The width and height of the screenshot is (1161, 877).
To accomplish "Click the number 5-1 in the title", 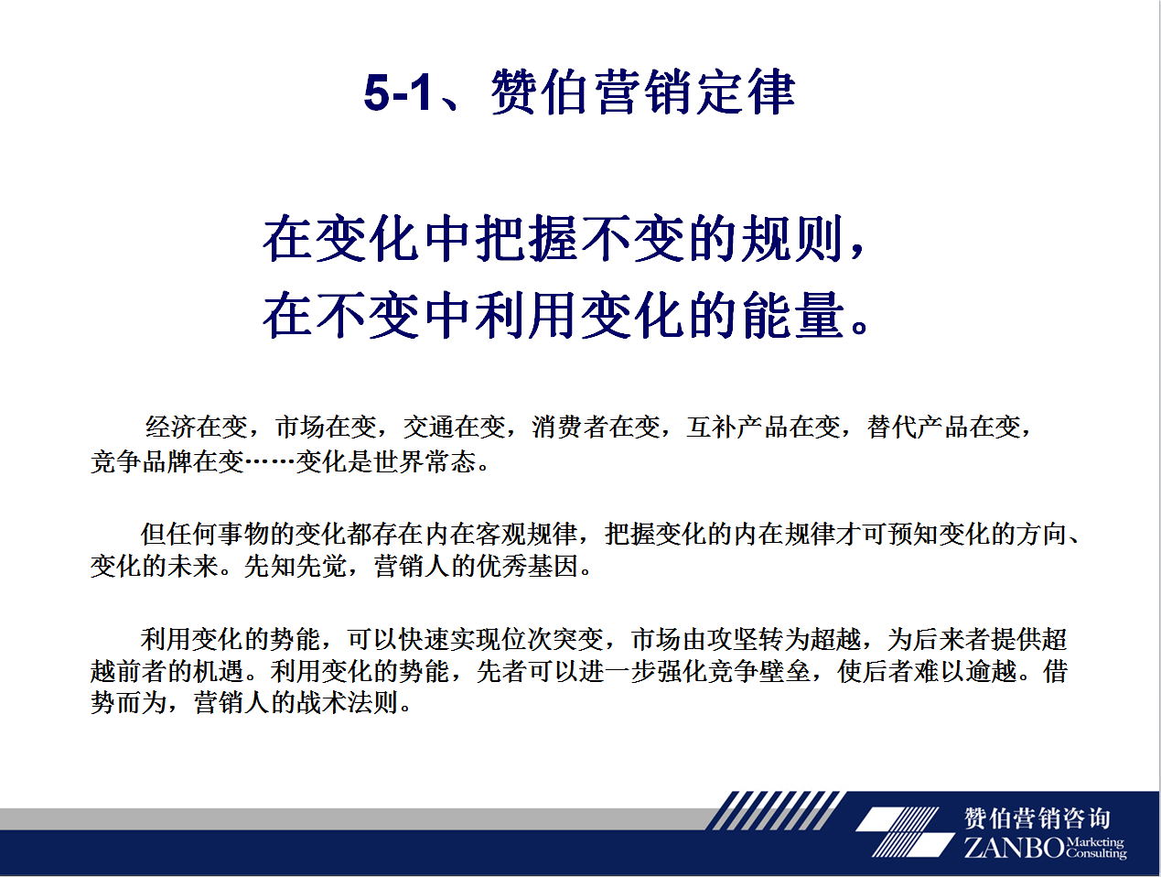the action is coord(398,92).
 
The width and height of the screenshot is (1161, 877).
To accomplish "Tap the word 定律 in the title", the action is coord(746,92).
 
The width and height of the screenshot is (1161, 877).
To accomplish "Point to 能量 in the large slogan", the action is coord(793,315).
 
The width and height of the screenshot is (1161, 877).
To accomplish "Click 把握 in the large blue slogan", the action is coord(526,239).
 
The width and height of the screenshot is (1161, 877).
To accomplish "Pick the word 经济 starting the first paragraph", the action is coord(171,427).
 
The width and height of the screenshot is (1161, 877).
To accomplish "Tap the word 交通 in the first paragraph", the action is coord(429,427).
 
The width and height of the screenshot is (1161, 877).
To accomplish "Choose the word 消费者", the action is coord(570,427).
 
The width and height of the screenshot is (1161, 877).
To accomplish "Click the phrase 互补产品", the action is coord(737,427).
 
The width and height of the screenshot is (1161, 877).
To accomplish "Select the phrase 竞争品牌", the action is coord(141,461).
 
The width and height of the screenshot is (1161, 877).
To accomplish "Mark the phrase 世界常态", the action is coord(425,461).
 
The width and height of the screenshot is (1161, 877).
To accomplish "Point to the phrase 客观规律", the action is coord(526,534).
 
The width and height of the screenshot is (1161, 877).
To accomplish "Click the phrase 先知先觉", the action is coord(296,566).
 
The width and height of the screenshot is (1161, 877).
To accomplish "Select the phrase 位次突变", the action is coord(553,639).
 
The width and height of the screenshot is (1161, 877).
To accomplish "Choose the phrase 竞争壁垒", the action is coord(759,671).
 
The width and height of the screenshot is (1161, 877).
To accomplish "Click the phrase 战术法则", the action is coord(347,703).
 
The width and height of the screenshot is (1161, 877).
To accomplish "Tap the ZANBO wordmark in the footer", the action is coord(1014,848).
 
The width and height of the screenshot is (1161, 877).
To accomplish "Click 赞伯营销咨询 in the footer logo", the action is coord(1037,817).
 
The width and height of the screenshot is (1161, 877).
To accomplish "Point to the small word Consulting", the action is coord(1095,853).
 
